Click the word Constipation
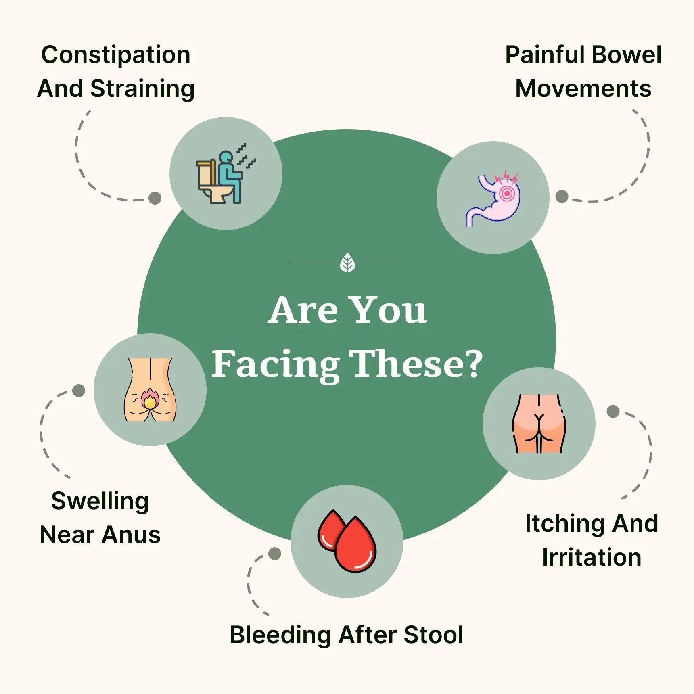click(116, 55)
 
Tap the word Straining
click(142, 90)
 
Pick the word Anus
click(131, 535)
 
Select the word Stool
click(433, 635)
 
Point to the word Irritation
click(592, 558)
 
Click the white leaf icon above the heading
click(347, 263)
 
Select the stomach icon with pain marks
click(493, 199)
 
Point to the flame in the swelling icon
click(150, 399)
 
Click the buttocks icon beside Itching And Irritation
click(539, 424)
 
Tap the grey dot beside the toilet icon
click(155, 198)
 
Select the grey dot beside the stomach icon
click(562, 196)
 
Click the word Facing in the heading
click(275, 365)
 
